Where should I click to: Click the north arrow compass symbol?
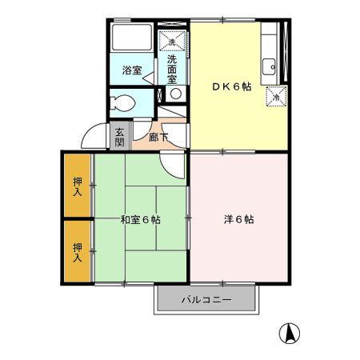[x=290, y=333]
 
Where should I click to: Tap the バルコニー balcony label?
[x=206, y=300]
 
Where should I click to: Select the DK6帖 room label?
[x=232, y=86]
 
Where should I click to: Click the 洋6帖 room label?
[x=238, y=219]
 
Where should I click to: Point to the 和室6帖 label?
[x=141, y=220]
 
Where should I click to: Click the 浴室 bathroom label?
[x=132, y=70]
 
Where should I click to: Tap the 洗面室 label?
[x=172, y=70]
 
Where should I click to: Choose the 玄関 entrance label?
[x=119, y=137]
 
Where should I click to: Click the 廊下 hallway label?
[x=158, y=138]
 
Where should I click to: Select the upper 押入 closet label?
[x=78, y=186]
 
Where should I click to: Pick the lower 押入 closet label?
[x=78, y=253]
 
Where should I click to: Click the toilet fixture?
[x=122, y=103]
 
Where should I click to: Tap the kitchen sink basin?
[x=269, y=66]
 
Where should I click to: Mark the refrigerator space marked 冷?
[x=276, y=96]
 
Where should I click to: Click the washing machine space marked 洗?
[x=172, y=41]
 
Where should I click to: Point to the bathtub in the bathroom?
[x=132, y=38]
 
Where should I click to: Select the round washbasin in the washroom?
[x=176, y=94]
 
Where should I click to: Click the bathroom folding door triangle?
[x=149, y=78]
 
